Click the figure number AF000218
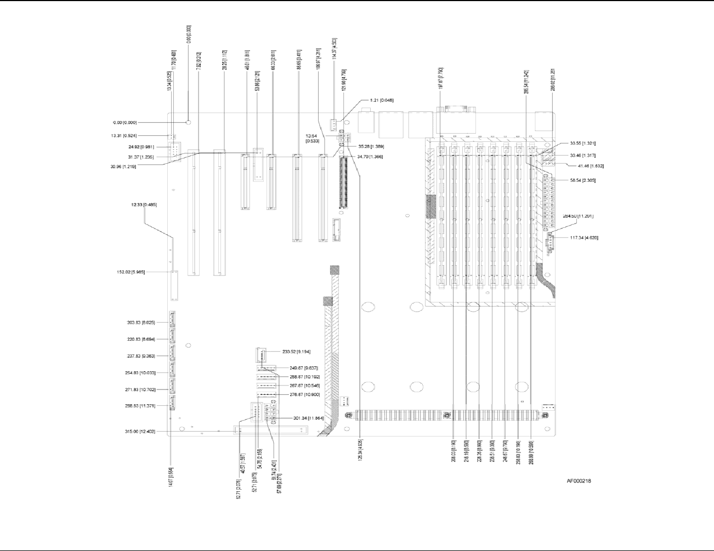[x=579, y=481]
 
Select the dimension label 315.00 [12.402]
[x=140, y=432]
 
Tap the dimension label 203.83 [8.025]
[x=140, y=323]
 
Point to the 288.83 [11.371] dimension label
[x=140, y=406]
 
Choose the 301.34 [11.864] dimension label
[x=309, y=418]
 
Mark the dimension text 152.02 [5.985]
[x=131, y=272]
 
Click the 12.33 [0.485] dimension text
[x=144, y=205]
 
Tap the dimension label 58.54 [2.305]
[x=582, y=180]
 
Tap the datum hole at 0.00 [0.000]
[x=188, y=122]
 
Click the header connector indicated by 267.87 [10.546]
[x=266, y=386]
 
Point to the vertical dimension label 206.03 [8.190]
[x=454, y=451]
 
